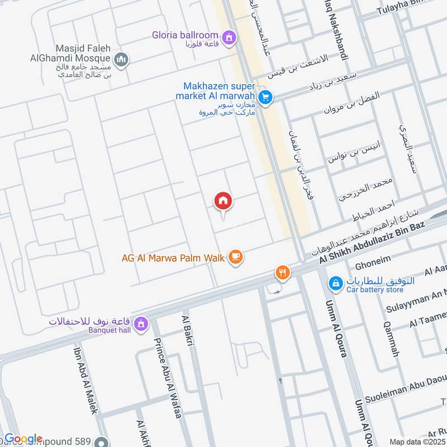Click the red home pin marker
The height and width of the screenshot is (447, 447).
pos(223,201)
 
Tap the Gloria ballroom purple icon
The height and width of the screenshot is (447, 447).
pos(228,38)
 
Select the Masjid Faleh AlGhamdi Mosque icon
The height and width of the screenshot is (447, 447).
pos(121,59)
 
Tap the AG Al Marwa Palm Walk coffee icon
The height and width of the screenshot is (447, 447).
pos(236,257)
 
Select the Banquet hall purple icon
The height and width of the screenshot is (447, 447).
pos(141,324)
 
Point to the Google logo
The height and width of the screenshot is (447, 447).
pos(23,439)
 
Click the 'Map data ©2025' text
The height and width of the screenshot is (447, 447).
pos(416,441)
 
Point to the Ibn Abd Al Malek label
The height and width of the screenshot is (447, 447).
pos(87,380)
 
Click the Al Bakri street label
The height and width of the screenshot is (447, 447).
pos(187,331)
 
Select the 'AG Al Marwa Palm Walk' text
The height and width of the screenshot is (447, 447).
pos(173,258)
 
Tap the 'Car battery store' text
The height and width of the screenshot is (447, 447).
pos(375,290)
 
